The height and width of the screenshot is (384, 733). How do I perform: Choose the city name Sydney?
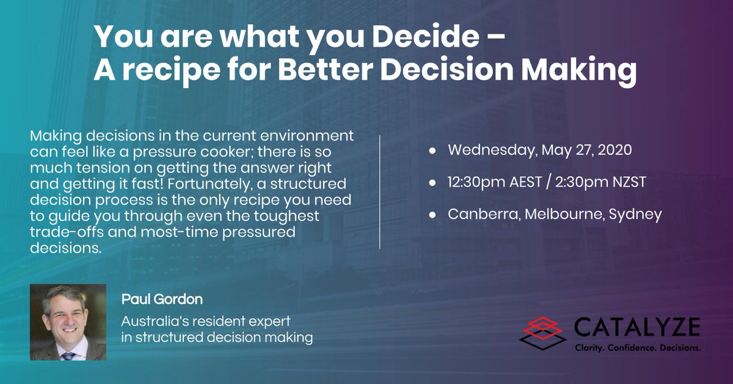click(x=635, y=215)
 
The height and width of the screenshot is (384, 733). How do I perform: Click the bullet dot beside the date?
click(x=431, y=150)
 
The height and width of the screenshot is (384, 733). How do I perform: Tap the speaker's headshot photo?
click(x=68, y=322)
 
